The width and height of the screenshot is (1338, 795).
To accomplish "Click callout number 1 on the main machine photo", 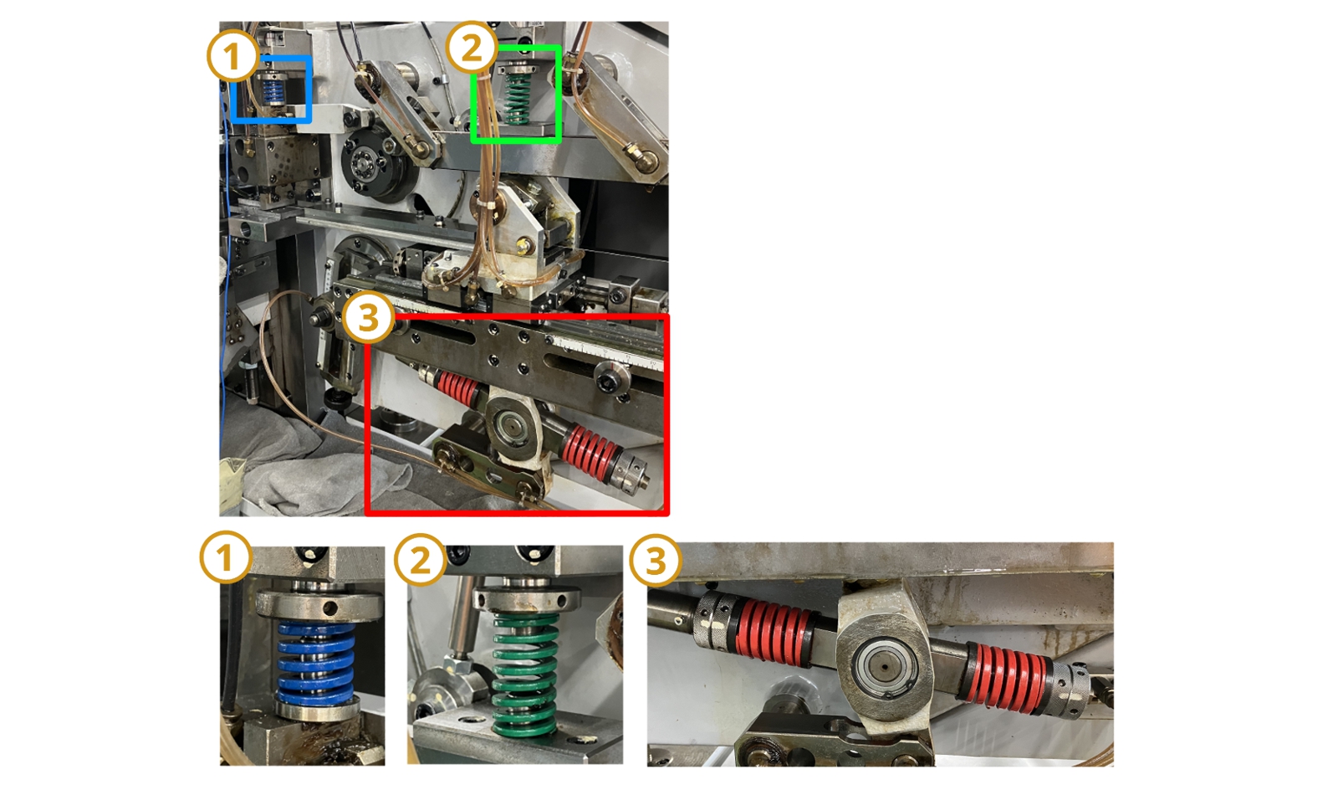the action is point(232,56).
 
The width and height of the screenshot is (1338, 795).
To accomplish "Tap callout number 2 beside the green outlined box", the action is point(472,47).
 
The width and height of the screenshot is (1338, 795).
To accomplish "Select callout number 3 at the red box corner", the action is point(369,318).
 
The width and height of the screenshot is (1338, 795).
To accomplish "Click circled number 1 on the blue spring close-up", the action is point(225,557).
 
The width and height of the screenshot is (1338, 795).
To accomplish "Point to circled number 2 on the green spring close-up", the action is point(421,560).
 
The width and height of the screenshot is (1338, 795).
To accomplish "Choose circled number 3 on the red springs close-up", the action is point(656,560).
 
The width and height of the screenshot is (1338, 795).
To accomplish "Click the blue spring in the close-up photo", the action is point(316,662).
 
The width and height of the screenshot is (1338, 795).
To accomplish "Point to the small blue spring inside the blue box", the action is point(273,91).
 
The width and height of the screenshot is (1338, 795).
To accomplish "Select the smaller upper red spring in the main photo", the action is point(457,387).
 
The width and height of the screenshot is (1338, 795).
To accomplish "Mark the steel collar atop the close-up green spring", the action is point(527,599).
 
